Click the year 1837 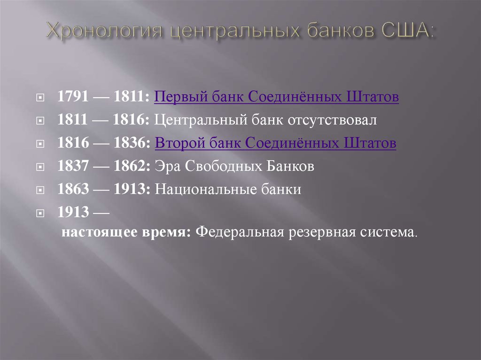(x=73, y=167)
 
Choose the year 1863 (x=73, y=190)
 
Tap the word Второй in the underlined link (x=176, y=144)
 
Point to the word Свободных (x=219, y=167)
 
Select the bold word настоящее (x=94, y=232)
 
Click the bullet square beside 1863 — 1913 (x=41, y=191)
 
